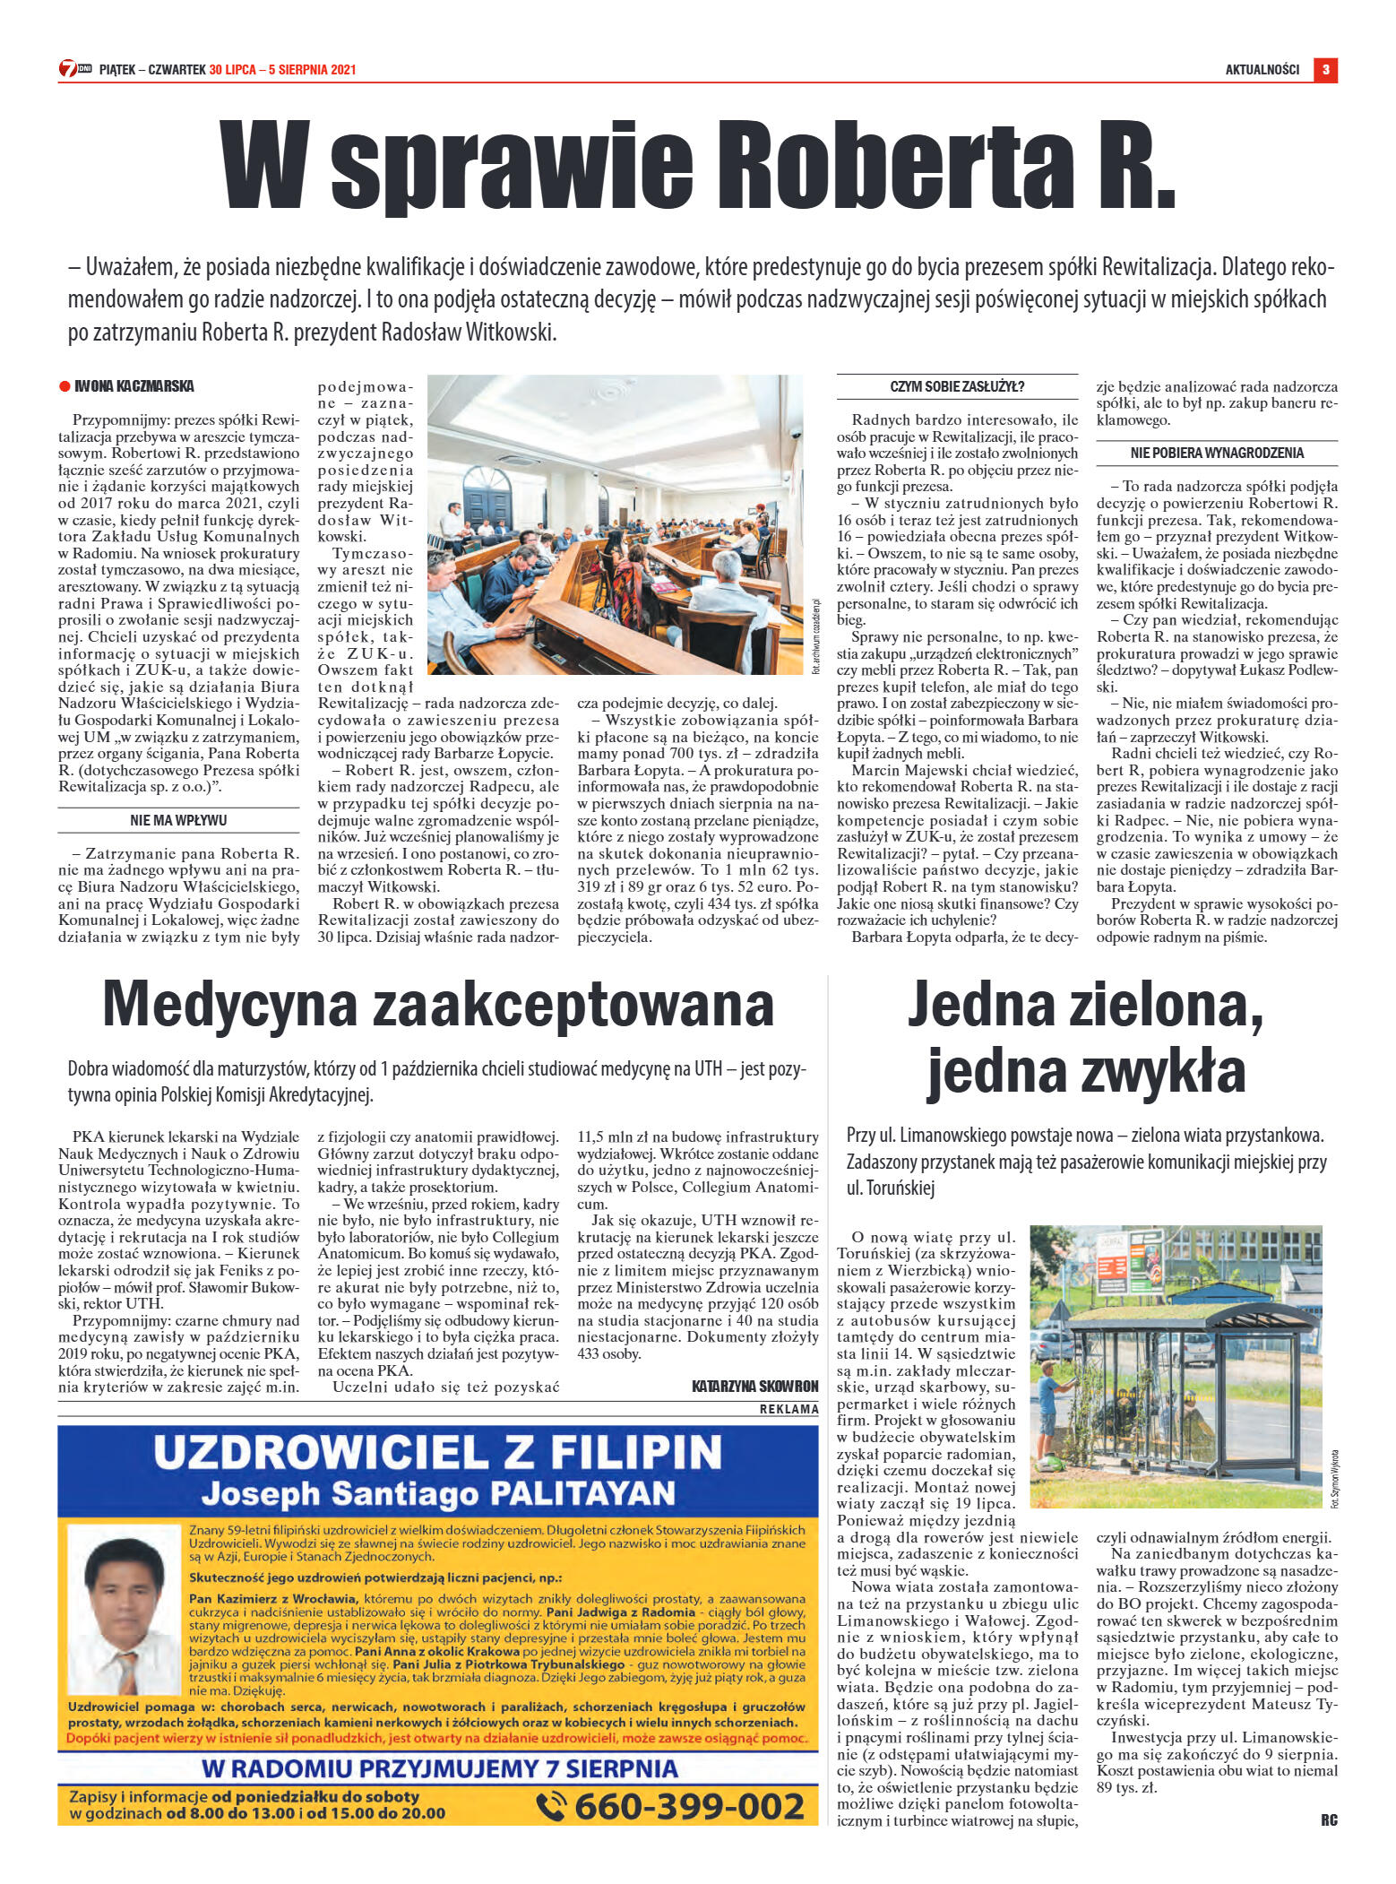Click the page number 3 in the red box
click(x=1325, y=70)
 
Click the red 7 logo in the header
click(x=67, y=69)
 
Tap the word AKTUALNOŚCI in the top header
click(x=1262, y=70)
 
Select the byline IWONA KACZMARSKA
click(x=134, y=386)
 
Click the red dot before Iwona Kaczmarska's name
click(x=65, y=387)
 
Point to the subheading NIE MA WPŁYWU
click(x=178, y=820)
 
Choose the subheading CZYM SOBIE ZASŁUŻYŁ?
click(x=957, y=387)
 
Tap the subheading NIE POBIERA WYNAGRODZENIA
click(x=1217, y=454)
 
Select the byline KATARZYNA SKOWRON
click(x=755, y=1387)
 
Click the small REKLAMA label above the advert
click(x=788, y=1409)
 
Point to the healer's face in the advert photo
click(x=116, y=1589)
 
